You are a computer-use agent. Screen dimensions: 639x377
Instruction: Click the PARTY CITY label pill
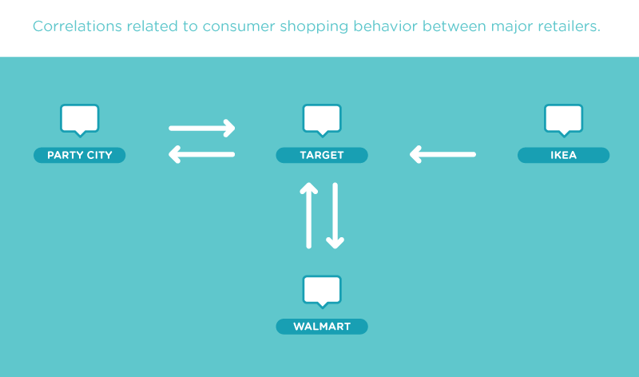(x=79, y=155)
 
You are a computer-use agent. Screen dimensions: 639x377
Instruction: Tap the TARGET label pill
(x=322, y=155)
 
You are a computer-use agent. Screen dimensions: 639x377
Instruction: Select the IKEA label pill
(x=564, y=155)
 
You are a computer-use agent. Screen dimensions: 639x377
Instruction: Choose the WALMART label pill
(x=322, y=327)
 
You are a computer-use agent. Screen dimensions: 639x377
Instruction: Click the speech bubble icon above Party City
(x=79, y=120)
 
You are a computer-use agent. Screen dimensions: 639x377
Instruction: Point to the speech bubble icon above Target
(x=322, y=120)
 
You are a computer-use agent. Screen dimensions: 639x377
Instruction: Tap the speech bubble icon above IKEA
(x=564, y=120)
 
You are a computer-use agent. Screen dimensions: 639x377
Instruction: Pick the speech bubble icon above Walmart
(x=322, y=292)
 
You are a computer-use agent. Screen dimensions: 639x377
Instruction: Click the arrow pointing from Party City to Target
(x=202, y=128)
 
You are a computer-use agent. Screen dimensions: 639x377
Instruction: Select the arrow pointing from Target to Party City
(x=202, y=154)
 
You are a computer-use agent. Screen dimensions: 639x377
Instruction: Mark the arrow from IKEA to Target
(x=443, y=154)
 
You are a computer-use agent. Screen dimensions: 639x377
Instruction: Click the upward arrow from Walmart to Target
(x=309, y=215)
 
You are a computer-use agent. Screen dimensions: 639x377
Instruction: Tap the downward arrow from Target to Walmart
(x=335, y=215)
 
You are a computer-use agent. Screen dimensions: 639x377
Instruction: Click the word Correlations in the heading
(x=77, y=26)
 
